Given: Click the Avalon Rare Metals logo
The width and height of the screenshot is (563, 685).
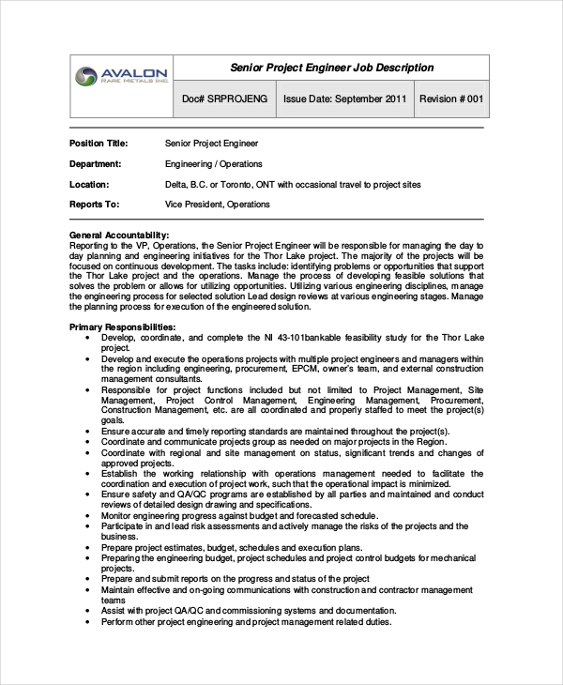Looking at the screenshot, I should click(x=123, y=76).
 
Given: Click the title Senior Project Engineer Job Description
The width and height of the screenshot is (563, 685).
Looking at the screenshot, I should click(x=332, y=68).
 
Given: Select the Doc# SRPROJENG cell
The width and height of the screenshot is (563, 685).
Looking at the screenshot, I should click(x=224, y=99).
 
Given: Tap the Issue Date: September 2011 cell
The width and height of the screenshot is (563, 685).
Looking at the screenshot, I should click(x=344, y=99).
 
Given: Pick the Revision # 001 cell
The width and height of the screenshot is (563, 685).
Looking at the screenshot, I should click(x=450, y=99).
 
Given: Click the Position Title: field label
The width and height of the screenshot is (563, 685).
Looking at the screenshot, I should click(x=99, y=144).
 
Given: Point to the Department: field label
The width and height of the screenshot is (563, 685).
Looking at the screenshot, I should click(x=97, y=164).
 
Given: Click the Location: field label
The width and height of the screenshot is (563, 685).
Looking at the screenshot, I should click(x=89, y=185).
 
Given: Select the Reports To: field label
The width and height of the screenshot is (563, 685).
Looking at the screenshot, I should click(x=94, y=204).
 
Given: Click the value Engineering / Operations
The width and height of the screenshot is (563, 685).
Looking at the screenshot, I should click(x=213, y=164).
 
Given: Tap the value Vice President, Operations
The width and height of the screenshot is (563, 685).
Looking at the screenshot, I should click(x=217, y=204).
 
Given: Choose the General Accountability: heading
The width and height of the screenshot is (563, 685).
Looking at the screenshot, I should click(x=119, y=235).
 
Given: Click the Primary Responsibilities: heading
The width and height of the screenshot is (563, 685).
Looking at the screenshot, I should click(x=123, y=326).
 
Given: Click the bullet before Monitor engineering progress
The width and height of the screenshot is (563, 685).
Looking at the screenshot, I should click(x=87, y=516).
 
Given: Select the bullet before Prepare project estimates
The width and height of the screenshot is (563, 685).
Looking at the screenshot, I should click(x=87, y=547).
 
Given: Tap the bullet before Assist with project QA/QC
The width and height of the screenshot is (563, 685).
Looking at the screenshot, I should click(x=87, y=610).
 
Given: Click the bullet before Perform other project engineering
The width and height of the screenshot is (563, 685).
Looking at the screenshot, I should click(x=87, y=621).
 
